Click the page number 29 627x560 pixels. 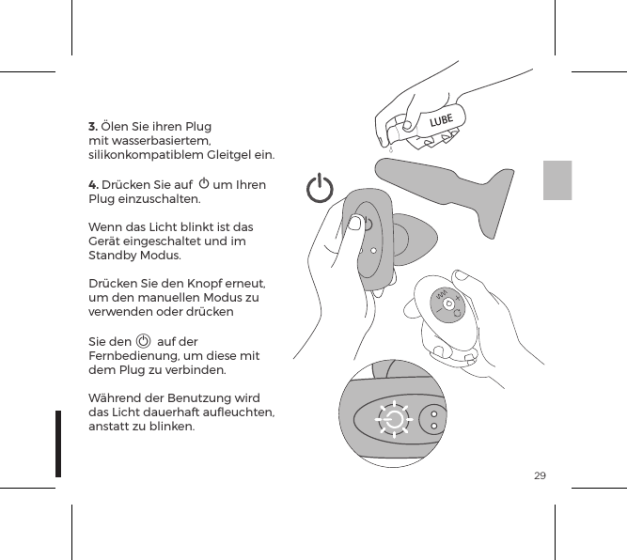pyautogui.click(x=540, y=476)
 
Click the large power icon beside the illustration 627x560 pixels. pyautogui.click(x=321, y=189)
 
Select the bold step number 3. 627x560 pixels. pyautogui.click(x=92, y=126)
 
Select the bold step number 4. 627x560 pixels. pyautogui.click(x=93, y=184)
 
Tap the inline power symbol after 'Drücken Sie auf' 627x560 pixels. pyautogui.click(x=204, y=183)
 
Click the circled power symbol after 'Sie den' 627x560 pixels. pyautogui.click(x=143, y=341)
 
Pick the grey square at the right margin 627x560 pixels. pyautogui.click(x=557, y=179)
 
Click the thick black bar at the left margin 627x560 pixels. pyautogui.click(x=58, y=443)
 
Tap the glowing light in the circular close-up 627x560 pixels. pyautogui.click(x=394, y=420)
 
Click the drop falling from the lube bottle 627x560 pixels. pyautogui.click(x=389, y=148)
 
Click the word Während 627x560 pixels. pyautogui.click(x=115, y=398)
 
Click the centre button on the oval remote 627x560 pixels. pyautogui.click(x=449, y=303)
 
